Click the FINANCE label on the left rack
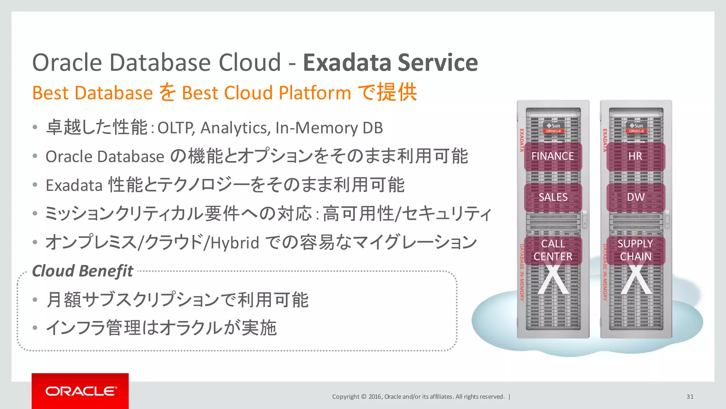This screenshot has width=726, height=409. [x=552, y=156]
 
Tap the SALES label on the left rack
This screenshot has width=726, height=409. [x=553, y=197]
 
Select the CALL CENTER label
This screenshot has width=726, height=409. [x=553, y=250]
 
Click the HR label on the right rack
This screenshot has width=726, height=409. [x=635, y=156]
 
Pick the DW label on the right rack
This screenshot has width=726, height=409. [x=636, y=197]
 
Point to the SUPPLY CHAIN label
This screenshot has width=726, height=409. [x=635, y=250]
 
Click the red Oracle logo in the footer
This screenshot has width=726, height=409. [x=80, y=391]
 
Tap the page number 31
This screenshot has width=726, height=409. [x=690, y=397]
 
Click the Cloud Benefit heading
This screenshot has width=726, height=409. [x=83, y=271]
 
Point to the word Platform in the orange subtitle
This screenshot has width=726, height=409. [x=315, y=93]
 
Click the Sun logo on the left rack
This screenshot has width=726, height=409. [x=554, y=126]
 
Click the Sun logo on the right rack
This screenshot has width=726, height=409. [x=637, y=126]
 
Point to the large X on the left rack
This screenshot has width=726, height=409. [x=553, y=280]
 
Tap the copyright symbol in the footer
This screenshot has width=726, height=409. [x=363, y=397]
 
